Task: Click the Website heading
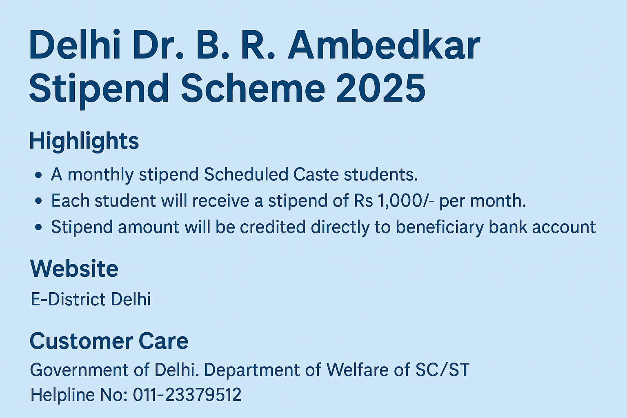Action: click(x=74, y=268)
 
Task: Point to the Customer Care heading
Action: click(x=109, y=341)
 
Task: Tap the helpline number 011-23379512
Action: click(x=187, y=394)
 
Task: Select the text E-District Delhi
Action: click(x=90, y=299)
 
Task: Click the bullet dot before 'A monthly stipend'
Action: click(x=39, y=176)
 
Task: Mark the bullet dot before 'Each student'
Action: click(x=39, y=201)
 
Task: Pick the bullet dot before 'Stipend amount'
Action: click(x=39, y=227)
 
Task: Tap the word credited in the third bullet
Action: click(x=273, y=227)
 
